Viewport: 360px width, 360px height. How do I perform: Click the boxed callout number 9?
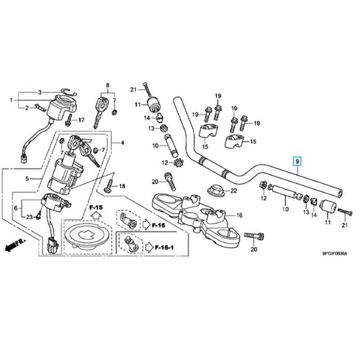pyautogui.click(x=297, y=161)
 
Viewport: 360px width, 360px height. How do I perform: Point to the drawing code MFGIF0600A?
pyautogui.click(x=334, y=254)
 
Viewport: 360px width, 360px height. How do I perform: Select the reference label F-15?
pyautogui.click(x=96, y=207)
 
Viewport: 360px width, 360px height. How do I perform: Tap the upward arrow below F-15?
pyautogui.click(x=96, y=216)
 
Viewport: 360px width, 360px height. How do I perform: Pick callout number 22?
pyautogui.click(x=233, y=191)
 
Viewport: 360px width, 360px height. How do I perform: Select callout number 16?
pyautogui.click(x=239, y=216)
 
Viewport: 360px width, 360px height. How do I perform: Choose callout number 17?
pyautogui.click(x=81, y=120)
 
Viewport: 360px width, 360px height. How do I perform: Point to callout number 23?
pyautogui.click(x=29, y=217)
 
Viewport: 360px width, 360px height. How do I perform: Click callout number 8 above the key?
pyautogui.click(x=108, y=85)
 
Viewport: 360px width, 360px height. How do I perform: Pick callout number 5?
pyautogui.click(x=27, y=179)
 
